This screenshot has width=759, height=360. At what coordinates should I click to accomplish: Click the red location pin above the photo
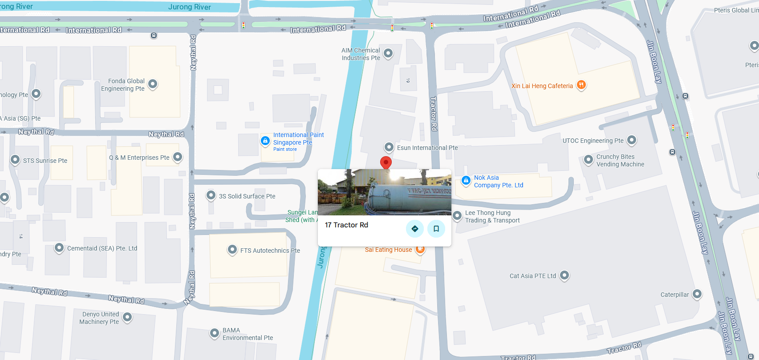click(x=386, y=162)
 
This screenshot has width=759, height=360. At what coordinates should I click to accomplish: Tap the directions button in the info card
click(x=415, y=229)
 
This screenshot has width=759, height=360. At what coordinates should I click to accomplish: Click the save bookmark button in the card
click(x=436, y=229)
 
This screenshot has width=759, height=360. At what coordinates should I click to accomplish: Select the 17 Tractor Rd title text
click(x=346, y=225)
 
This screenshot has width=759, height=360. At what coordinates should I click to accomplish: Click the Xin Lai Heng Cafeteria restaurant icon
click(x=581, y=85)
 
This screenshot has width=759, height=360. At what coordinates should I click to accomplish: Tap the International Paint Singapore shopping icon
click(x=265, y=141)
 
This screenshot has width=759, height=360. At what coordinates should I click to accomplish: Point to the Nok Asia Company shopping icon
click(x=466, y=180)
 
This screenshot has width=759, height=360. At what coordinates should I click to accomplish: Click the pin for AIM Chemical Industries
click(x=388, y=53)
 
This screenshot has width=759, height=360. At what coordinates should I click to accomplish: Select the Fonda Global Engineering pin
click(x=153, y=84)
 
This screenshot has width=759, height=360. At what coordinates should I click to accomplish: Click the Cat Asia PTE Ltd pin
click(x=564, y=275)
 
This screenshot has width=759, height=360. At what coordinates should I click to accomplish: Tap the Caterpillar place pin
click(x=697, y=294)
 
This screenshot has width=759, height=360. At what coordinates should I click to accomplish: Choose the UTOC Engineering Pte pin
click(x=631, y=140)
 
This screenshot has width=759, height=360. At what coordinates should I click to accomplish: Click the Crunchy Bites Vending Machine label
click(x=620, y=161)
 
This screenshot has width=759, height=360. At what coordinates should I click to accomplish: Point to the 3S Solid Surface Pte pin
click(x=211, y=195)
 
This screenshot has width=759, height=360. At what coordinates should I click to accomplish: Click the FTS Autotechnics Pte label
click(x=270, y=251)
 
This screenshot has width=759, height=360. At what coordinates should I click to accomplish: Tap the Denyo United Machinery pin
click(x=127, y=317)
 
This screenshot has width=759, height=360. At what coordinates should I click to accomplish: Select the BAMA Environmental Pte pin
click(x=215, y=333)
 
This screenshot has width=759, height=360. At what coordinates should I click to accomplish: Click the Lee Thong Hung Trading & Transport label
click(x=492, y=217)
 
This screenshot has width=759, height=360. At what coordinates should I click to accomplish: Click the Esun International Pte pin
click(x=389, y=147)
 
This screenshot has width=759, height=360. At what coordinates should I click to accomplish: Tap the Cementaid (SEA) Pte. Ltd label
click(x=102, y=248)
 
